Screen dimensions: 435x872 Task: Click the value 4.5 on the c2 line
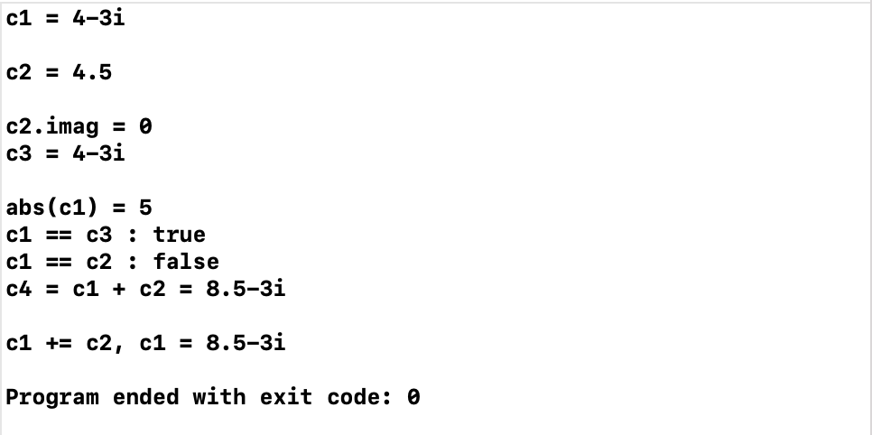pyautogui.click(x=92, y=72)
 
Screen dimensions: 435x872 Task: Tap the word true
pyautogui.click(x=179, y=235)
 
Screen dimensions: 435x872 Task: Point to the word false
pyautogui.click(x=186, y=262)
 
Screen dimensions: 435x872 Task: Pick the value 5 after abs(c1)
pyautogui.click(x=145, y=208)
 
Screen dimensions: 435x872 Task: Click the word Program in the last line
pyautogui.click(x=52, y=397)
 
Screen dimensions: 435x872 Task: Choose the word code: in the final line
pyautogui.click(x=352, y=397)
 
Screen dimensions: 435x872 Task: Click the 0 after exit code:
pyautogui.click(x=413, y=397)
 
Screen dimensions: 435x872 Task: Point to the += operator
pyautogui.click(x=59, y=343)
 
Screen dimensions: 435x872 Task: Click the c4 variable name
pyautogui.click(x=19, y=289)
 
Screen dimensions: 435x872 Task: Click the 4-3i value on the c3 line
pyautogui.click(x=98, y=153)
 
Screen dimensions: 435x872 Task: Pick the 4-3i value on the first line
pyautogui.click(x=98, y=18)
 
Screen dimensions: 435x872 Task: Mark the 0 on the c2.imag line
pyautogui.click(x=145, y=127)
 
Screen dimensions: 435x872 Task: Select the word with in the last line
pyautogui.click(x=218, y=397)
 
